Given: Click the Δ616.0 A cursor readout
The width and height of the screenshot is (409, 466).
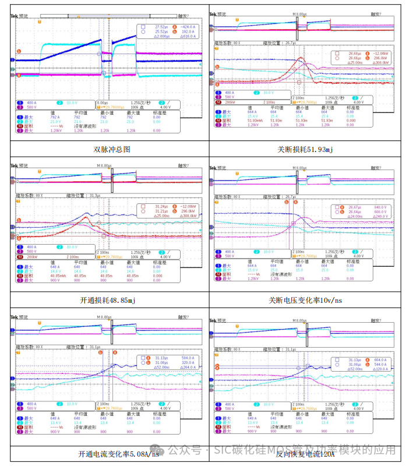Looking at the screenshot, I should [186, 37].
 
